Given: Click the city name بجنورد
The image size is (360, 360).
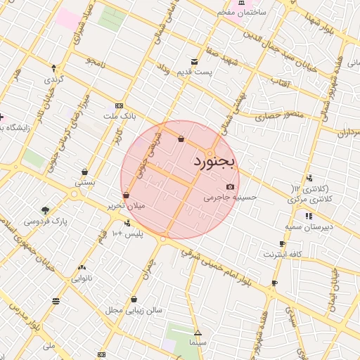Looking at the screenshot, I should click(216, 162).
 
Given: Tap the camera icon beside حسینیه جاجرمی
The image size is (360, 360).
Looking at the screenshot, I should click(231, 186).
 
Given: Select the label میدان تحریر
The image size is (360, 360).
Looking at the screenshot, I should click(125, 206).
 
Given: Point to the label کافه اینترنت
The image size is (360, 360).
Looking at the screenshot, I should click(283, 253).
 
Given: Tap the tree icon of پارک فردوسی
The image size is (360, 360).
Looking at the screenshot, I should click(46, 210).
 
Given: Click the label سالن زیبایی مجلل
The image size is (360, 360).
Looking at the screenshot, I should click(134, 309).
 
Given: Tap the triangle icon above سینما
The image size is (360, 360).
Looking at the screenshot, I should click(198, 333).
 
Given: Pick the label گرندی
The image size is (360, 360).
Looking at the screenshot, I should click(54, 79).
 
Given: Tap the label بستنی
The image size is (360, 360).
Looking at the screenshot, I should click(85, 181).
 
